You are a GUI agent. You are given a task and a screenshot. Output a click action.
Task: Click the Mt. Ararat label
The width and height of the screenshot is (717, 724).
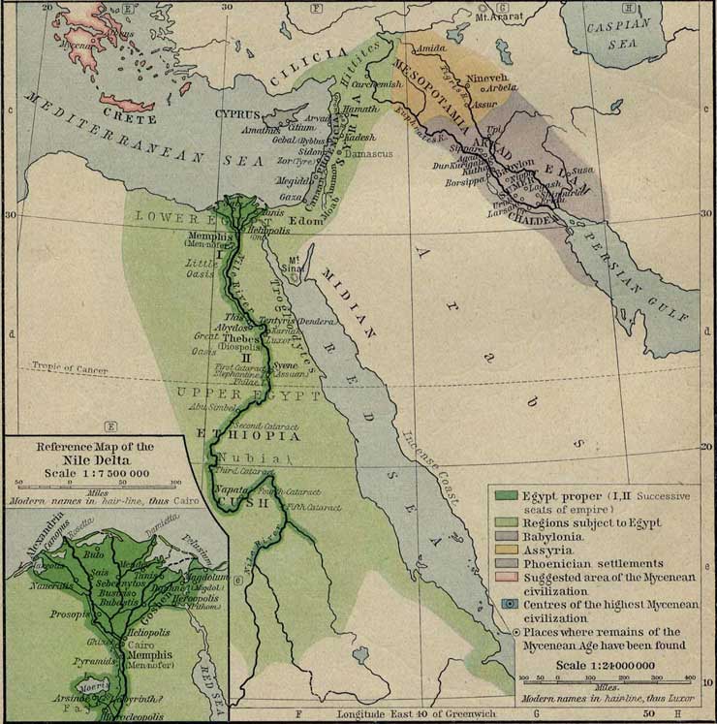(x=497, y=17)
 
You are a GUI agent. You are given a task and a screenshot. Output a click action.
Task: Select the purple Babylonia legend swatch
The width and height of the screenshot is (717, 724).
(x=505, y=535)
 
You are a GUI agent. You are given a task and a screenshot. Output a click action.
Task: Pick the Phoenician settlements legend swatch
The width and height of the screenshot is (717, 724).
(x=505, y=562)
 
